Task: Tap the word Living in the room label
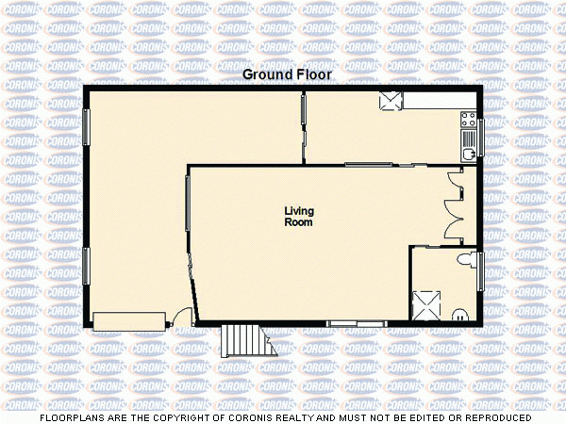(x=299, y=210)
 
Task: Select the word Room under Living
(x=299, y=222)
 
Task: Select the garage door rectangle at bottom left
(x=128, y=321)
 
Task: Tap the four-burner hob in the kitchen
(x=468, y=119)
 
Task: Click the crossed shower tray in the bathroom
(x=427, y=304)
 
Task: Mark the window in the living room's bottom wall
(x=357, y=324)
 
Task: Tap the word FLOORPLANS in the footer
(x=71, y=416)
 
